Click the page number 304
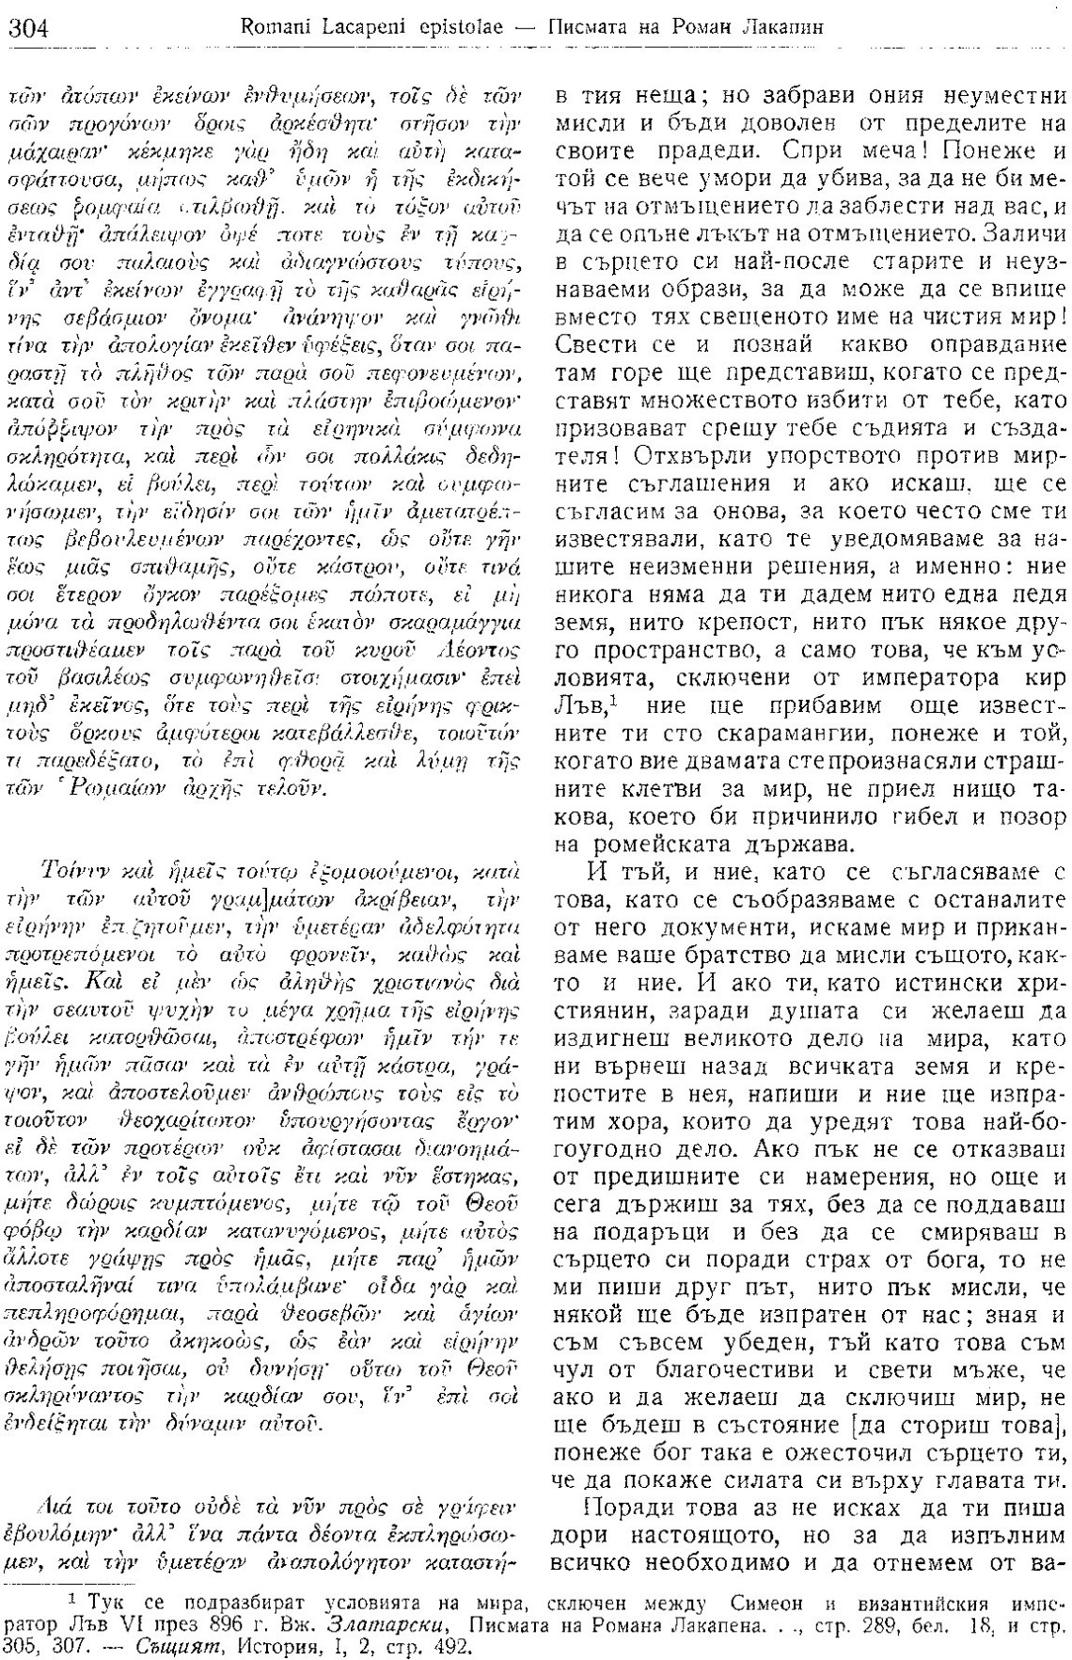(28, 28)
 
